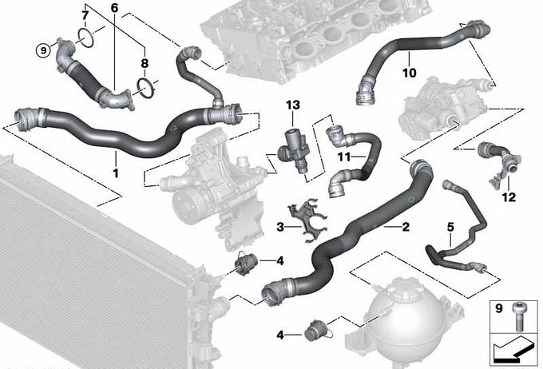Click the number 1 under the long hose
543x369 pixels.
point(116,173)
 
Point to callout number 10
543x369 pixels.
point(409,73)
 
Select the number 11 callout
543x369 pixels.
point(344,157)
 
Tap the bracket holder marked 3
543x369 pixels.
point(308,219)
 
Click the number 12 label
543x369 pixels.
point(509,197)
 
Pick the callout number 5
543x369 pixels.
point(450,228)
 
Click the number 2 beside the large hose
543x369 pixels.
point(405,227)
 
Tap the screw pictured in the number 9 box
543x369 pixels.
point(518,315)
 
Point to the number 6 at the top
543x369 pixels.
point(115,8)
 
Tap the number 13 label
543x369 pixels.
point(292,105)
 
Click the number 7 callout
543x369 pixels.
point(85,15)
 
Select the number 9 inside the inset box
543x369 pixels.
point(498,308)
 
